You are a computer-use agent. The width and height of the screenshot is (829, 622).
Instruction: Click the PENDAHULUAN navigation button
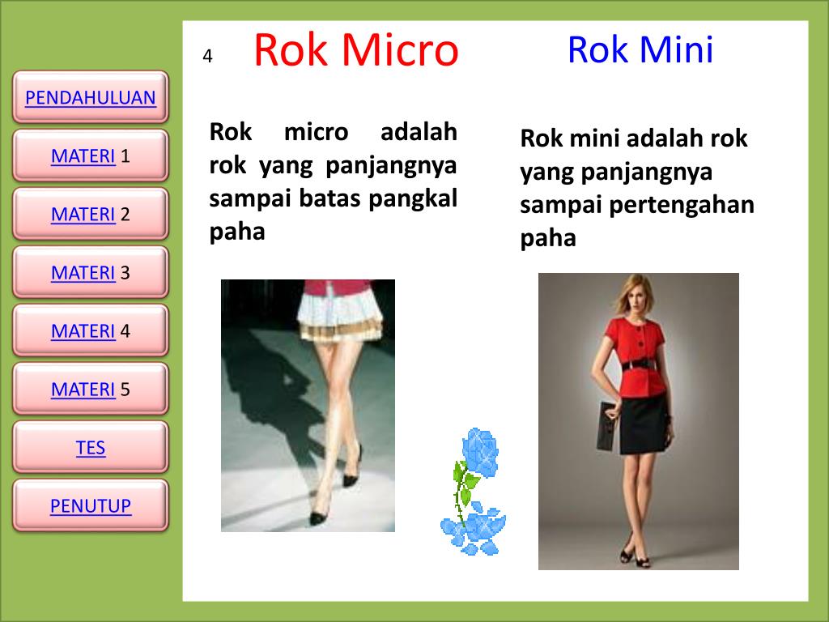tap(90, 99)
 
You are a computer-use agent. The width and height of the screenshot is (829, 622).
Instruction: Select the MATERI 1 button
tap(90, 156)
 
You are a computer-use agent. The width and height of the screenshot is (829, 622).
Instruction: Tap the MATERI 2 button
tap(90, 215)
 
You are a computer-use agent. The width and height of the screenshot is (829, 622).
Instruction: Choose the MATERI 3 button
tap(90, 273)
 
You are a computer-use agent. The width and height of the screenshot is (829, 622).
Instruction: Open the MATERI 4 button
tap(90, 331)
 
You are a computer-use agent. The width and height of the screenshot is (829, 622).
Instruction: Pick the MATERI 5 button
tap(90, 390)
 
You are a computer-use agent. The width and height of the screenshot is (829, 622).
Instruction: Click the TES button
tap(90, 448)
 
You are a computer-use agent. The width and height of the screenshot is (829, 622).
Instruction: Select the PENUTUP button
tap(90, 506)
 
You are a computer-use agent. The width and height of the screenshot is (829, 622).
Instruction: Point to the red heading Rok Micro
tap(355, 50)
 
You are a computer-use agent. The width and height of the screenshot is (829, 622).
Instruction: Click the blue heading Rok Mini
tap(640, 49)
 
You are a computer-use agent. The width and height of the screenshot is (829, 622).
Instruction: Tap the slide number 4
tap(207, 57)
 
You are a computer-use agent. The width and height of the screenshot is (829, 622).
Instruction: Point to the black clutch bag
tap(608, 424)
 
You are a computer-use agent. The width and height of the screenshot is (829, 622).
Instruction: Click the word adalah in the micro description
tap(418, 132)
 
